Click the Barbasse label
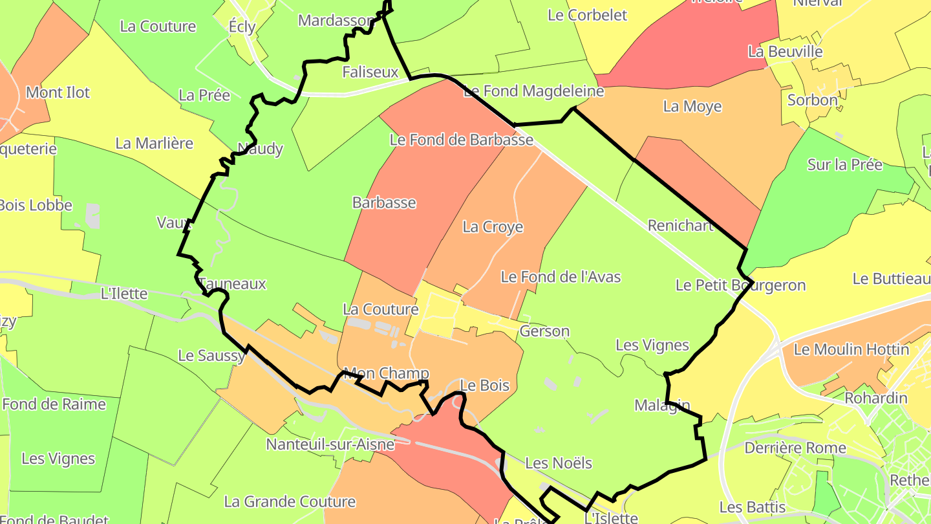pos(384,202)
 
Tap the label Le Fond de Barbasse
pos(461,140)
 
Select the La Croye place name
pos(493,227)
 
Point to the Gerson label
pos(544,332)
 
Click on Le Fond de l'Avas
pos(561,277)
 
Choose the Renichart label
pos(680,226)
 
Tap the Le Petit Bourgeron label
pos(740,285)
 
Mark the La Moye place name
pos(692,106)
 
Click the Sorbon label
pos(812,100)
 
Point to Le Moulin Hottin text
pos(851,350)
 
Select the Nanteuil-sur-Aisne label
pos(330,444)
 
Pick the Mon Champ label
pos(386,373)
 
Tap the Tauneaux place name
pos(233,284)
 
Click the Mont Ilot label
pos(58,93)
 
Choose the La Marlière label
pos(154,143)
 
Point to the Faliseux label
pos(370,72)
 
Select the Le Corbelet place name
pos(587,15)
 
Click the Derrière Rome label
pos(795,448)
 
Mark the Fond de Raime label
pos(54,404)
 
